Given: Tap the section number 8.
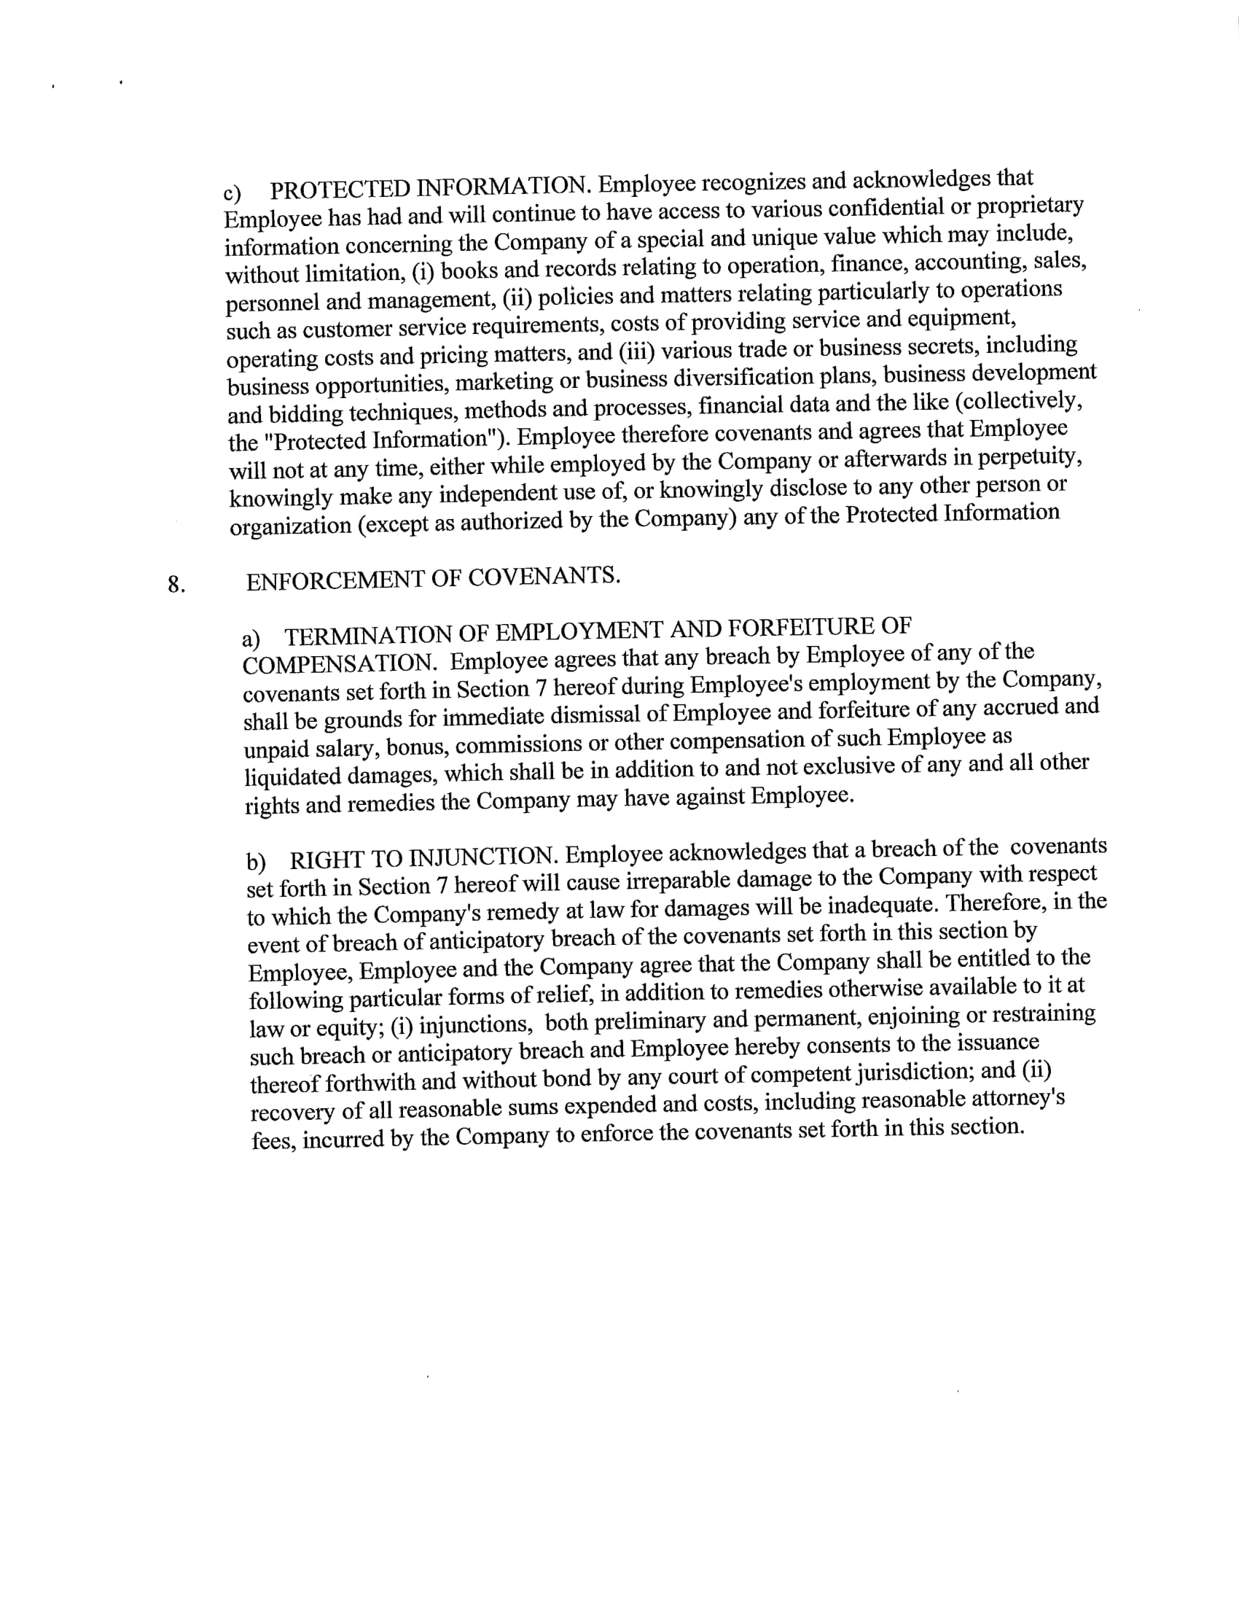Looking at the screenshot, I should (176, 585).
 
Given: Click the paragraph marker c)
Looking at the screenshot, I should (232, 192).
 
